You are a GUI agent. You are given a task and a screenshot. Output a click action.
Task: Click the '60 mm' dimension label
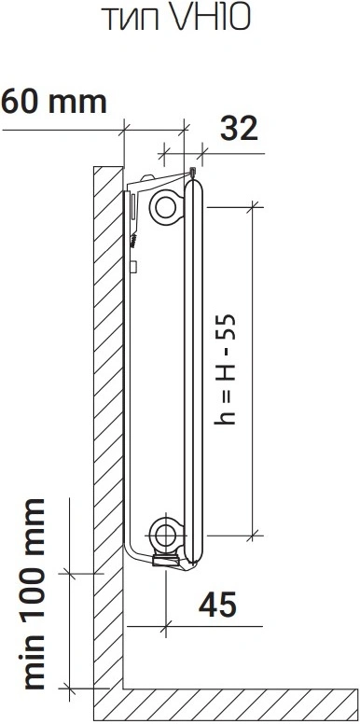(54, 102)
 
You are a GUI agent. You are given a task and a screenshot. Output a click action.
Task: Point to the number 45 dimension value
(217, 604)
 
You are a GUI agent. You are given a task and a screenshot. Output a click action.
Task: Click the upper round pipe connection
(165, 207)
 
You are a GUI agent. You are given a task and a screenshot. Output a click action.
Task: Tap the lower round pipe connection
(164, 535)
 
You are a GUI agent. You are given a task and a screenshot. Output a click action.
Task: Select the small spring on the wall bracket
(134, 240)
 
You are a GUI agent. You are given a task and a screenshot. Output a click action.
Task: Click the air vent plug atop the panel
(192, 174)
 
